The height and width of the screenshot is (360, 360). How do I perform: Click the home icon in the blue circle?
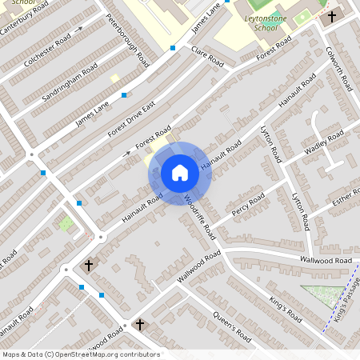(180, 172)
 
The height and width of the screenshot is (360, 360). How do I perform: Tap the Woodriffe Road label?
(201, 216)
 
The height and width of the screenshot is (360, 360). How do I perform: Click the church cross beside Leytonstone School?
(332, 16)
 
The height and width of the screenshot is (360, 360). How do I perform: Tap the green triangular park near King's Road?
(320, 296)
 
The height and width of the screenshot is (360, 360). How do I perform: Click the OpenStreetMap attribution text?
(81, 354)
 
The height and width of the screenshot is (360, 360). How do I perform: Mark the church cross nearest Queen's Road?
(140, 324)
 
